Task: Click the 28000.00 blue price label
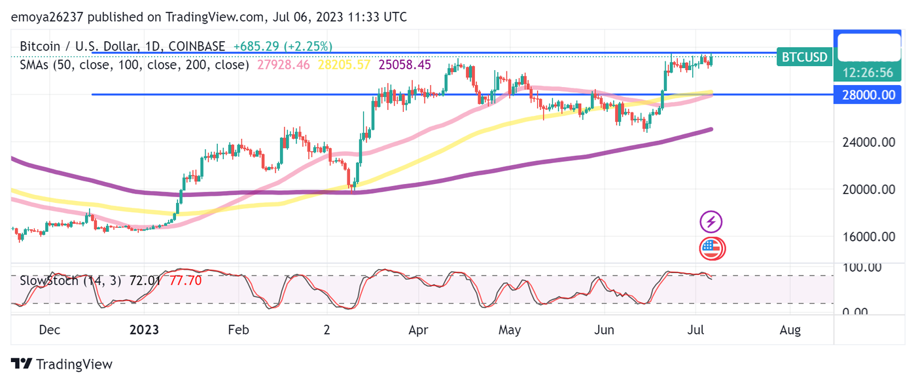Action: [868, 95]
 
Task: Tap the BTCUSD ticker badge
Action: [804, 57]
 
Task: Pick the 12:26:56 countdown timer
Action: [868, 73]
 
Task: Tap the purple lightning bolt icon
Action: [711, 222]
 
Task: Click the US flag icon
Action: [711, 248]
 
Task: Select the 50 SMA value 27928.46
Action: [284, 65]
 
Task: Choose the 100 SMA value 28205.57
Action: [344, 65]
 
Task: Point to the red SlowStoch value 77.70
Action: [185, 281]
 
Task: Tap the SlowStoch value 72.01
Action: [146, 281]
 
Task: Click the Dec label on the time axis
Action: [50, 330]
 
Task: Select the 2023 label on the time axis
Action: [144, 330]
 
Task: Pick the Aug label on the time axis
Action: [790, 330]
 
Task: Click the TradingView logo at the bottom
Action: [62, 365]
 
